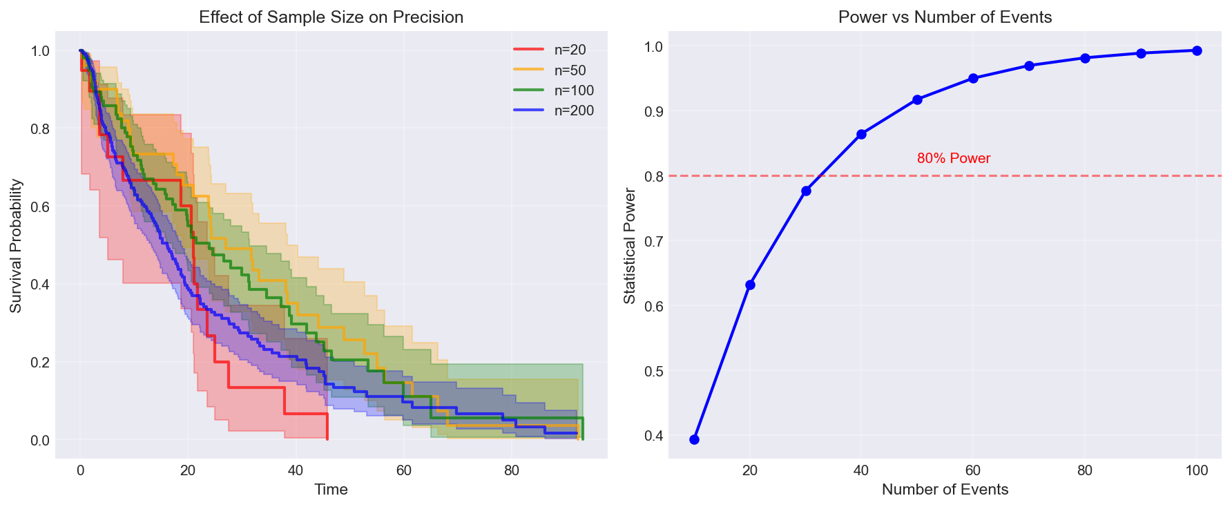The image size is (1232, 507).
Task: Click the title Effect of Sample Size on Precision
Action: coord(331,17)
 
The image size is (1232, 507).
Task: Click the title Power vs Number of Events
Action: coord(945,17)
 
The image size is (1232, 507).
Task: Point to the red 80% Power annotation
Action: coord(954,158)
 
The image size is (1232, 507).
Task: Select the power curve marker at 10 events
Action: coord(694,439)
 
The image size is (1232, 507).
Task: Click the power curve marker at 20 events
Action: coord(750,285)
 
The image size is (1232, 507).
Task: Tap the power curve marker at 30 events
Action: coord(806,191)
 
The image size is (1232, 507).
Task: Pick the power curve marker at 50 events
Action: coord(917,99)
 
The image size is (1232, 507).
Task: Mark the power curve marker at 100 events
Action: coord(1197,50)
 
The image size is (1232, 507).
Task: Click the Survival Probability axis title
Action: coord(16,246)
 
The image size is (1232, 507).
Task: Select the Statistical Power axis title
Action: coord(629,246)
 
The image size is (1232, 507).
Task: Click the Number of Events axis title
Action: coord(945,490)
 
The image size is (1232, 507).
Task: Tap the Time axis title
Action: coord(331,490)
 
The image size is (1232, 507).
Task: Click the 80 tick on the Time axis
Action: coord(511,471)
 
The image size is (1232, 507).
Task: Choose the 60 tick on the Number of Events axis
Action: coord(973,471)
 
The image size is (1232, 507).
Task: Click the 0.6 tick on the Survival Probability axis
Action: coord(40,207)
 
